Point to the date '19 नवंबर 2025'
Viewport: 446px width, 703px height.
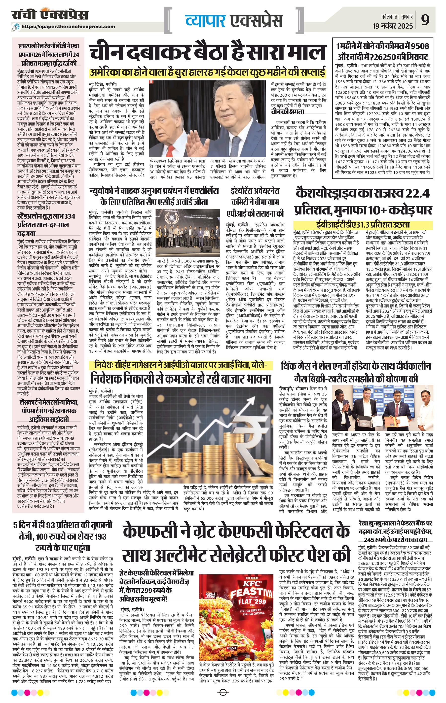pos(393,26)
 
